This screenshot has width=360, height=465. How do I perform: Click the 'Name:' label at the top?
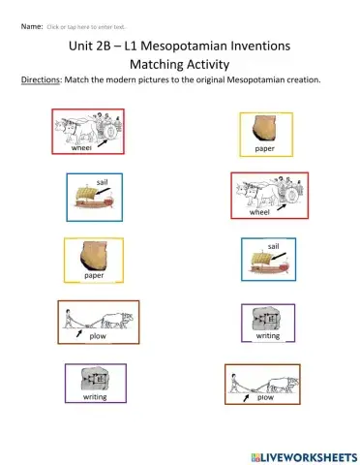tap(32, 26)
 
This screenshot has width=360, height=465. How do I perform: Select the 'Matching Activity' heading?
tap(180, 64)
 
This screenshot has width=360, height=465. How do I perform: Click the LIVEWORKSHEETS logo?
tap(294, 454)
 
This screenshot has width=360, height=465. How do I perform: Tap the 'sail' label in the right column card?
tap(274, 247)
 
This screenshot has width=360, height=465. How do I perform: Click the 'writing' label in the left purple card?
tap(95, 397)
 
